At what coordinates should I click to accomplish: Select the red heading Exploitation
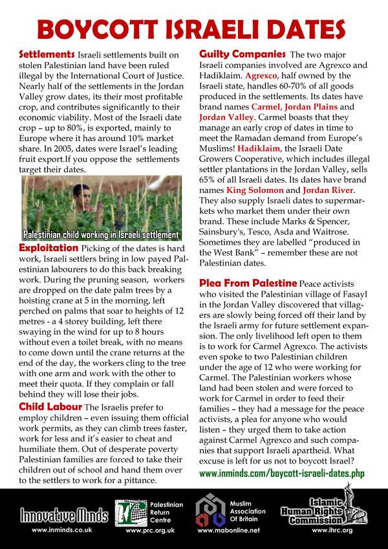point(48,248)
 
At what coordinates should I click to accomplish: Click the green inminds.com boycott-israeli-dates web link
point(281,474)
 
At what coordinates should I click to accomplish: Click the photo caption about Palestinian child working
point(102,234)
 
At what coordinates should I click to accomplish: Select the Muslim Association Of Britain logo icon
point(211,512)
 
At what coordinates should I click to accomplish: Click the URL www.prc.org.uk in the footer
point(149,531)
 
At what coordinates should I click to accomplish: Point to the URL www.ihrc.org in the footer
point(332,531)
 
